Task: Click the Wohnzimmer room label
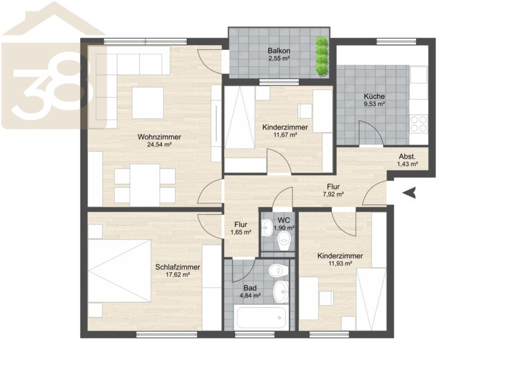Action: pos(159,137)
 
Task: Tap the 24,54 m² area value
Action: pos(159,144)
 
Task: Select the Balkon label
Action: pos(279,51)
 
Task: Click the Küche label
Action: pos(374,96)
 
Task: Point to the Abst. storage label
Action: pos(407,156)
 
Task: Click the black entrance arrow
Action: pos(409,193)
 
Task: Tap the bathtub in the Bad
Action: pos(261,317)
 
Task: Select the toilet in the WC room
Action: pos(284,241)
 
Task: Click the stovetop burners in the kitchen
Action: pos(419,124)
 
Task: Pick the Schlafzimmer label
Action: pos(178,267)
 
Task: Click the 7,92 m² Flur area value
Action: pos(333,194)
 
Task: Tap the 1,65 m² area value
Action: pos(241,232)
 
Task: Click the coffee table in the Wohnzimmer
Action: pos(148,103)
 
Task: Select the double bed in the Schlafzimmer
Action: pos(119,270)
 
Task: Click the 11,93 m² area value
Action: pos(340,264)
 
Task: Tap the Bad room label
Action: pos(250,288)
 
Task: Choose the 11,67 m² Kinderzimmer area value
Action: pos(286,135)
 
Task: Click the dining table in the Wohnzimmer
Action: pos(145,185)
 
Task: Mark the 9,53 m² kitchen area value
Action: pos(374,104)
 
